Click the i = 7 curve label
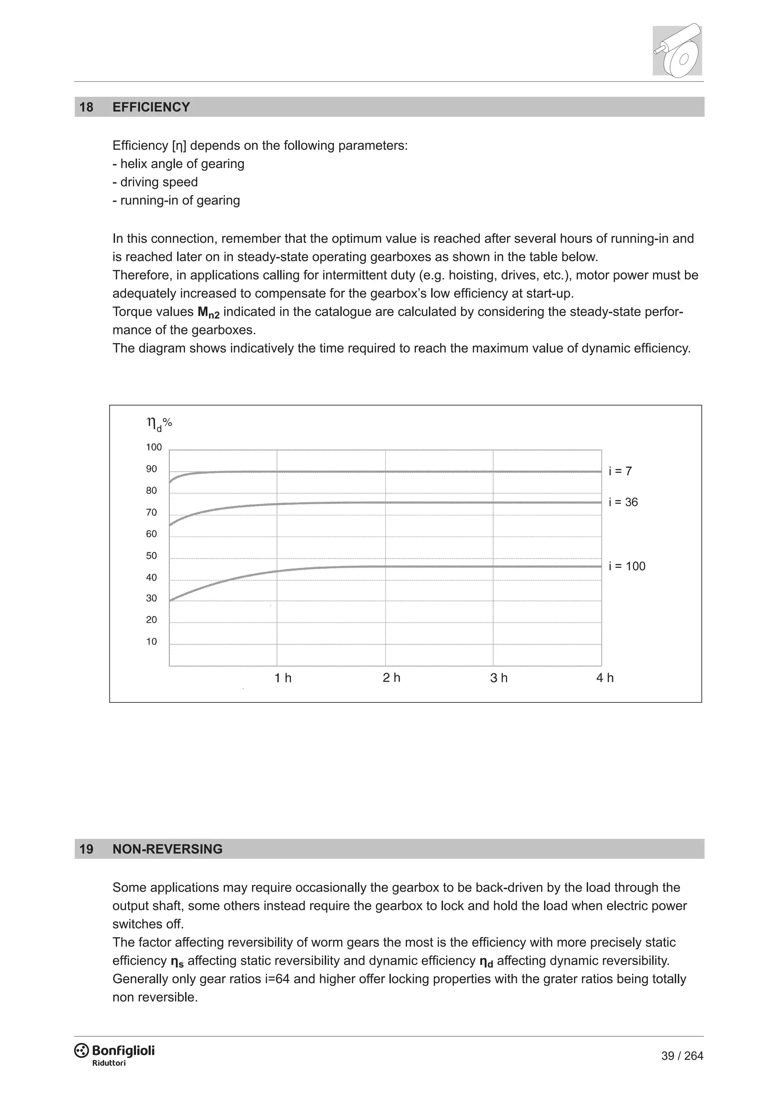(x=620, y=471)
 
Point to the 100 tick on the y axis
(x=154, y=447)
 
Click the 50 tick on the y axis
(x=152, y=556)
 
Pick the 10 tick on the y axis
(x=152, y=641)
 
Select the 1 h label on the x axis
(x=283, y=678)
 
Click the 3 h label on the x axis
(x=498, y=678)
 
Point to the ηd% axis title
(x=159, y=423)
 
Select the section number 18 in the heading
(x=86, y=107)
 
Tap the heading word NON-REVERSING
(x=167, y=849)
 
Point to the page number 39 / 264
(x=682, y=1056)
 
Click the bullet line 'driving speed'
(x=155, y=183)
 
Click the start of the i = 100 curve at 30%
(x=171, y=600)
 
